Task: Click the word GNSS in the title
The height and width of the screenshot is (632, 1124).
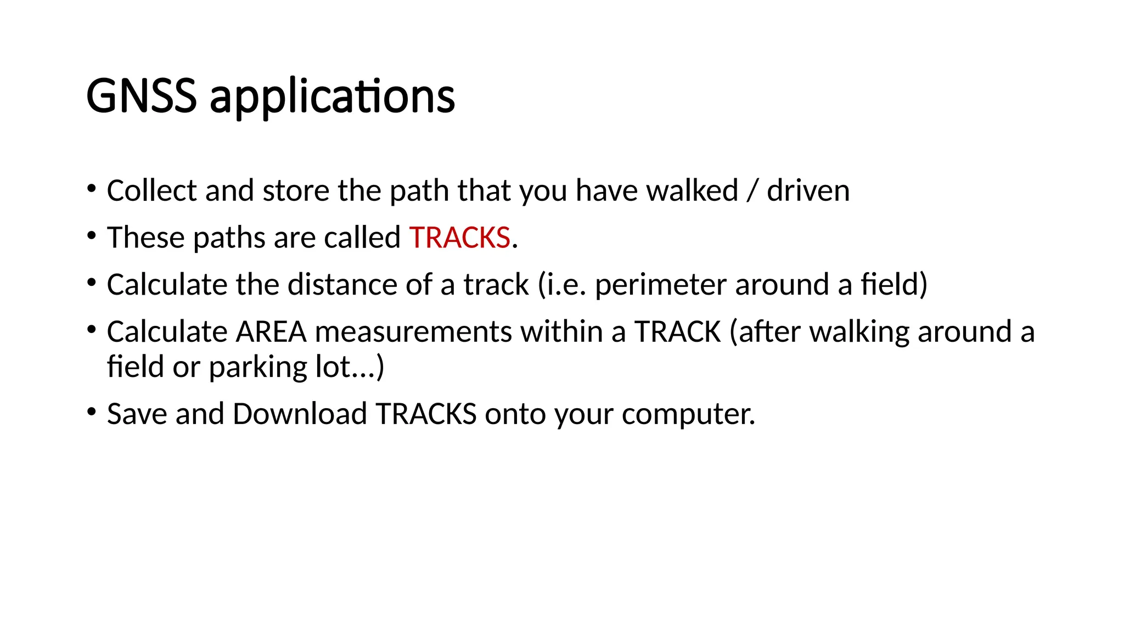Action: (x=141, y=96)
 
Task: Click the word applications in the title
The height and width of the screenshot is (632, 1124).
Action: (x=332, y=97)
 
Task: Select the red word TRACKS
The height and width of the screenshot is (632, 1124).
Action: (x=459, y=238)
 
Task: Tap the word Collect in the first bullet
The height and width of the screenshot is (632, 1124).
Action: (x=151, y=191)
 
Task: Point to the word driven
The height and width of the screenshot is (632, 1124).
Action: (x=808, y=191)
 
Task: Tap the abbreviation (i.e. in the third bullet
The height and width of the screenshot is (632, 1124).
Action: (x=562, y=285)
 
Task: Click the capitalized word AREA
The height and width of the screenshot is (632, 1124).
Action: (x=271, y=332)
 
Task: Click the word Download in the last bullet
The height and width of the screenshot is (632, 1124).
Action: (x=300, y=414)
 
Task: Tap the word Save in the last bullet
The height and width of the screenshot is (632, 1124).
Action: (x=137, y=414)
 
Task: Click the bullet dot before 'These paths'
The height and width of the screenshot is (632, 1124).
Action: (x=92, y=236)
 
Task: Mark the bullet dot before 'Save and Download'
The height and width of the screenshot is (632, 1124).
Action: (x=92, y=412)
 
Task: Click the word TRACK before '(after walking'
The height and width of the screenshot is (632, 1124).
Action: (x=677, y=332)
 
